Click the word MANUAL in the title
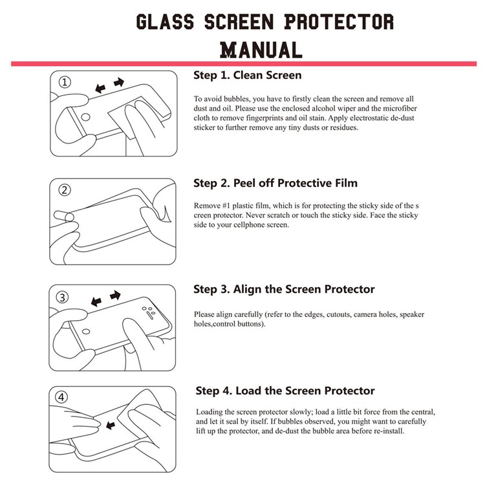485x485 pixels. [261, 49]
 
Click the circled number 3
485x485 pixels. [63, 297]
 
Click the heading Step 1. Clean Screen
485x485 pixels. [247, 76]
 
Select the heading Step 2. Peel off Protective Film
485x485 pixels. [275, 183]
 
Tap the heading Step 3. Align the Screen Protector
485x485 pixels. [284, 289]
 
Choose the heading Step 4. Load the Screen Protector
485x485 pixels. [285, 391]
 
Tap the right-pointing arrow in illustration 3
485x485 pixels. [115, 296]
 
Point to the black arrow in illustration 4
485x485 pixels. [110, 425]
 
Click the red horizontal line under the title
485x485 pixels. [242, 63]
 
